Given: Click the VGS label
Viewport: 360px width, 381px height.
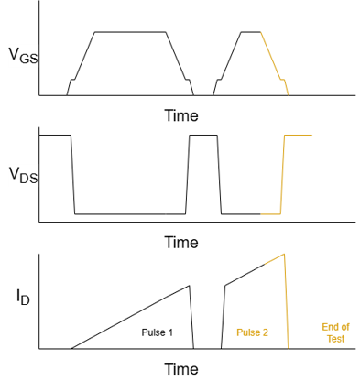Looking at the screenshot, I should click(x=23, y=56).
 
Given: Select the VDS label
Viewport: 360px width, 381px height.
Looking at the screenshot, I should click(x=23, y=174).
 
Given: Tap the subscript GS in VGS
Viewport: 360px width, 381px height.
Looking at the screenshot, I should click(x=29, y=60).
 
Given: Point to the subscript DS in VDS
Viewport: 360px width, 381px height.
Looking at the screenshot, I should click(x=29, y=179).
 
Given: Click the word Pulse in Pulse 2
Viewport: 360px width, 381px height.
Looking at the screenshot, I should click(x=247, y=332).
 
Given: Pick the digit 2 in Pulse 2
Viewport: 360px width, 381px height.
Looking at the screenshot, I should click(x=266, y=332).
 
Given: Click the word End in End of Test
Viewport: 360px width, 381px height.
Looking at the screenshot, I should click(x=328, y=327).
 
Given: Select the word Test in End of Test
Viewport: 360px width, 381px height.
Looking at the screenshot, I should click(x=335, y=339).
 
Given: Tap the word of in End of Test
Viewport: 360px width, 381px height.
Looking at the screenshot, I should click(x=344, y=327).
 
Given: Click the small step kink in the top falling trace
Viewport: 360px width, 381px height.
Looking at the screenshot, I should click(x=282, y=80).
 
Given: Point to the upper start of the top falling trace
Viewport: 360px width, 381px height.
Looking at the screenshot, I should click(x=261, y=33).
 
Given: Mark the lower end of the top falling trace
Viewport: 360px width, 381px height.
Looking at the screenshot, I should click(x=289, y=94).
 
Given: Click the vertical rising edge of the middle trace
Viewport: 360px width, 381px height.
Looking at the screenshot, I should click(x=282, y=174).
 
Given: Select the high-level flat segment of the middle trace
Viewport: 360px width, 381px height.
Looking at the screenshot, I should click(x=299, y=135).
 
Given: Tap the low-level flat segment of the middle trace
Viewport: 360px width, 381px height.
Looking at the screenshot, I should click(x=270, y=214).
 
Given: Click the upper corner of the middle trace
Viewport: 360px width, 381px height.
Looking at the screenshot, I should click(x=284, y=136).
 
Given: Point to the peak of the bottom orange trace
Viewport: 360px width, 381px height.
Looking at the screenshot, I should click(x=285, y=254).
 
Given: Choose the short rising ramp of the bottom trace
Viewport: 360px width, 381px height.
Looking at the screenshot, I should click(x=275, y=259).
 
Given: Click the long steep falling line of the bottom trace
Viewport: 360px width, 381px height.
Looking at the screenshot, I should click(x=287, y=302).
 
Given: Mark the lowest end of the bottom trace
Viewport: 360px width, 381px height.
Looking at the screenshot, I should click(x=289, y=348).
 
